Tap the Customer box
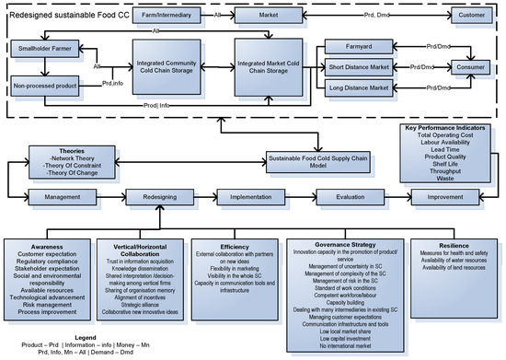tap(472, 16)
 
